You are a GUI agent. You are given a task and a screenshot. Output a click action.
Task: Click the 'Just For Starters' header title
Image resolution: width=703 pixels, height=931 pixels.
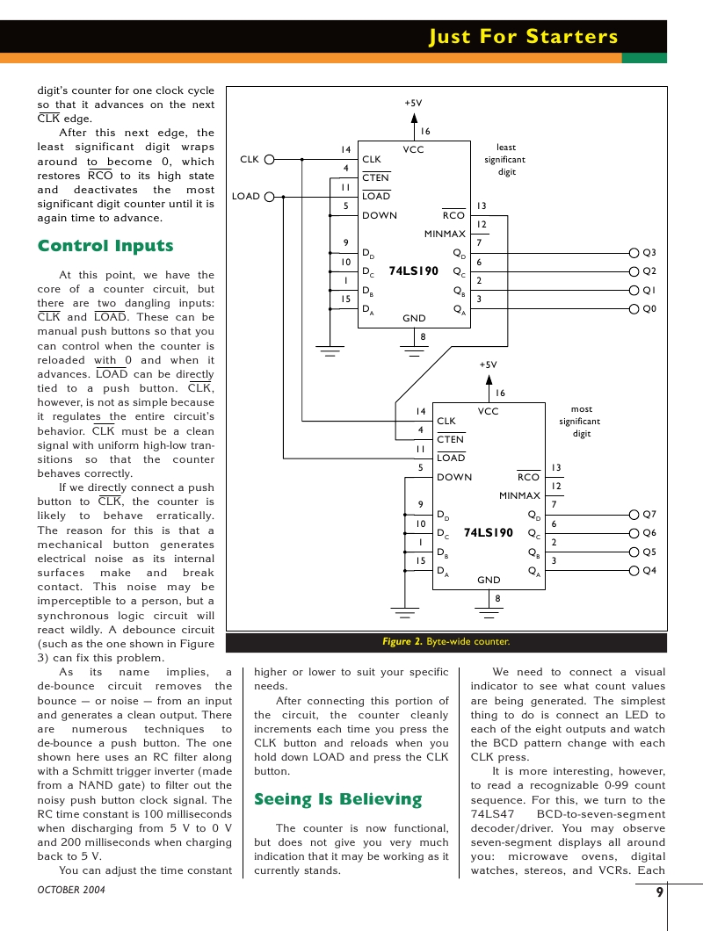coord(524,37)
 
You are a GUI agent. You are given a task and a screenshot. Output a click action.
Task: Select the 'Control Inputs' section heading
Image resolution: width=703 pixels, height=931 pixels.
coord(105,246)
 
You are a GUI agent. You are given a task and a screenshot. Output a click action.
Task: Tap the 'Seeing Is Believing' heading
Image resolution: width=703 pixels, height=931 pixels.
coord(337,799)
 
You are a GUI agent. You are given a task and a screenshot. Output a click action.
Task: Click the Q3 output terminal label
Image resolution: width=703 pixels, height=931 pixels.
coord(649,253)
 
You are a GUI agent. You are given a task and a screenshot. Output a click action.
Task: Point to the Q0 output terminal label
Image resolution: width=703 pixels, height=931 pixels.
coord(649,309)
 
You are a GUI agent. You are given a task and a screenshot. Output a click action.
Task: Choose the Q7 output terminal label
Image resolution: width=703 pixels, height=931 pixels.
coord(649,514)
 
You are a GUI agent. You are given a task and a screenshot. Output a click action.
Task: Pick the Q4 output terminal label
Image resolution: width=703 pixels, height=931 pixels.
coord(649,571)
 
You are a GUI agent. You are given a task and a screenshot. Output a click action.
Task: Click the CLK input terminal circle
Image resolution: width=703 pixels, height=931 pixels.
coord(270,160)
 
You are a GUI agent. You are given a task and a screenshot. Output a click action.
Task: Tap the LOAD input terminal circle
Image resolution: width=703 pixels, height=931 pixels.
coord(270,197)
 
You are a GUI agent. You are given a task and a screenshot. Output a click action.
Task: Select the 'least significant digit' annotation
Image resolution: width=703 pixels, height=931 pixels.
coord(506,160)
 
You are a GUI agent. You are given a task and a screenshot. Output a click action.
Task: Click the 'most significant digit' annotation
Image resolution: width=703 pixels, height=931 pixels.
coord(582,422)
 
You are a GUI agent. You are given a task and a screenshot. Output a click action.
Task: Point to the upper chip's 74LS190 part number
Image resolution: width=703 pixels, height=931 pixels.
coord(413,271)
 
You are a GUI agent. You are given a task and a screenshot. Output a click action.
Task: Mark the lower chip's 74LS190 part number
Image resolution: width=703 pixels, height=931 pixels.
coord(488,533)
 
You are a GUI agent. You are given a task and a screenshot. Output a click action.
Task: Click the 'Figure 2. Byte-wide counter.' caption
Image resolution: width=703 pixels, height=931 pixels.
coord(446,642)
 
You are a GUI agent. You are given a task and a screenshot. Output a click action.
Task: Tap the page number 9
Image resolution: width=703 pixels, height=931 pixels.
coord(659,893)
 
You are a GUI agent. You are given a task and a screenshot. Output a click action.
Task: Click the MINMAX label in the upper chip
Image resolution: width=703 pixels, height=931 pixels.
coord(445,235)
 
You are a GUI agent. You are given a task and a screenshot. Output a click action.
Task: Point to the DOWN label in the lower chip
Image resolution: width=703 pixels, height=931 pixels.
coord(454,477)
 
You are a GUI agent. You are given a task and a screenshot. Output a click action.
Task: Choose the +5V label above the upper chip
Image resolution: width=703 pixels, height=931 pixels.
coord(413,103)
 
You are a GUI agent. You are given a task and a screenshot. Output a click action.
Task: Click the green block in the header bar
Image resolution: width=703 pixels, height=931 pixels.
coord(644,58)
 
